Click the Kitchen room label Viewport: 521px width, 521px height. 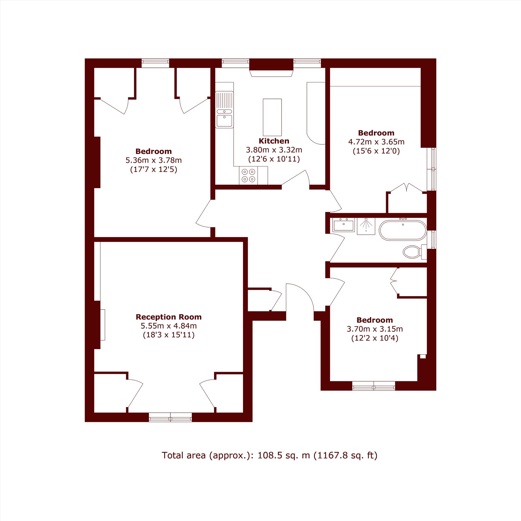click(274, 141)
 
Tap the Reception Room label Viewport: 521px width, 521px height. click(169, 317)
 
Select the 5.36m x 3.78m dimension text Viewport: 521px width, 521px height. click(153, 160)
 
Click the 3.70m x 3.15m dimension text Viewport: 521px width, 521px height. click(375, 329)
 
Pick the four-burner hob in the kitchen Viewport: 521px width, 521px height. click(248, 175)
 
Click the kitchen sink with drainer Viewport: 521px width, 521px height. click(224, 109)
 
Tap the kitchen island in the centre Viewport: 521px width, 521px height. click(272, 117)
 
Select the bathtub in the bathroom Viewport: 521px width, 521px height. click(403, 230)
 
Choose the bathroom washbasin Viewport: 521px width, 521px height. click(343, 225)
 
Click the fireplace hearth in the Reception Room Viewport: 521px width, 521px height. click(102, 325)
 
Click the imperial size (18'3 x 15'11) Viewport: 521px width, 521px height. click(169, 335)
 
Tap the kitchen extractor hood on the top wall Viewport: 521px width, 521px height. click(271, 73)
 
